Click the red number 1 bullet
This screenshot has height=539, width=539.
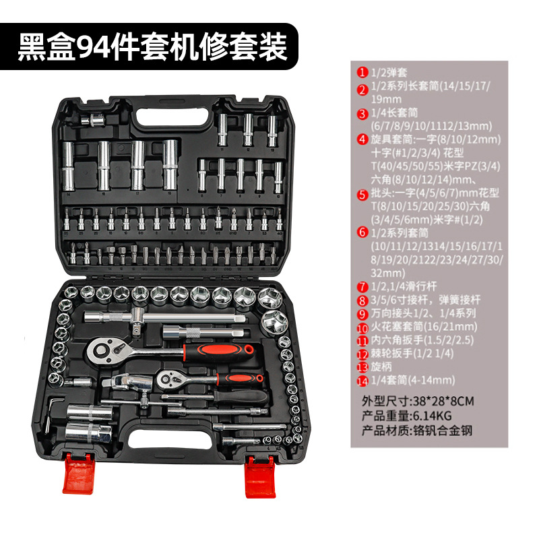click(x=362, y=73)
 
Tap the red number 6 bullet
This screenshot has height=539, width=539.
click(x=362, y=232)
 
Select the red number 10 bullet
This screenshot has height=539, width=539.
click(x=362, y=328)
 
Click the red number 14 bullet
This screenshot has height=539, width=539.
click(x=362, y=381)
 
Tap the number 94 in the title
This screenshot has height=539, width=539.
click(x=93, y=46)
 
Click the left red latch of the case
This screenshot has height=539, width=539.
click(x=78, y=474)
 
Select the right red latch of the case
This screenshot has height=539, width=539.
click(x=260, y=477)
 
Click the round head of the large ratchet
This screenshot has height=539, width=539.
click(x=102, y=350)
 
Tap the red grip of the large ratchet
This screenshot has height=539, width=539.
click(x=219, y=352)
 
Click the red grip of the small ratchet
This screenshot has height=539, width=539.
click(x=240, y=379)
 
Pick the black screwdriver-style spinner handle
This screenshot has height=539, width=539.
click(x=240, y=397)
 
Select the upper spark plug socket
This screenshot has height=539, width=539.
click(x=90, y=412)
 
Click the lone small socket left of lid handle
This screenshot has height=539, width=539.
click(x=93, y=121)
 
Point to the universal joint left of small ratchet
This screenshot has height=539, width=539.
click(x=127, y=381)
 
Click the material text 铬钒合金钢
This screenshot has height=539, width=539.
click(x=442, y=431)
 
